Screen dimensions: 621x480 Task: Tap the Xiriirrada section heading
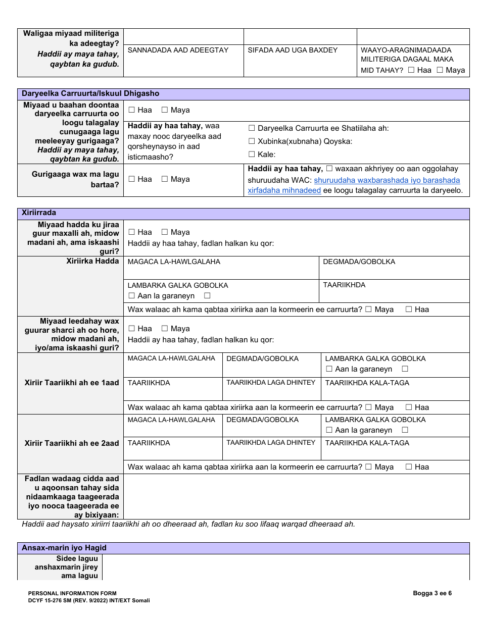point(39,213)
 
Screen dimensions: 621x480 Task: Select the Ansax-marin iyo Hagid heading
point(64,548)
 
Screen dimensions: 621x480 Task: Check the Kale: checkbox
point(252,154)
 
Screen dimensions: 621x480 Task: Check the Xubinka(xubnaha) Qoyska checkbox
point(252,141)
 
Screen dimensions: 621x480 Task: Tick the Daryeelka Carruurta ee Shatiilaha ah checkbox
point(252,128)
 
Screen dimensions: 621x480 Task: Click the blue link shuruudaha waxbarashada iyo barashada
point(387,180)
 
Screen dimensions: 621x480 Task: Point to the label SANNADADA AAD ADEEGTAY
point(178,50)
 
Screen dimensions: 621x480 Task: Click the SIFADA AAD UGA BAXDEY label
point(293,50)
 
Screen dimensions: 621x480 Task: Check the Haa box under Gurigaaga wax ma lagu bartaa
point(132,179)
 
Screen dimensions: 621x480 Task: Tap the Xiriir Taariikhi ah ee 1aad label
point(72,383)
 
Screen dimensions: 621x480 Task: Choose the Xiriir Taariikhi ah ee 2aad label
point(72,443)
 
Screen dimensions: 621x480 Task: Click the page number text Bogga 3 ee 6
point(432,593)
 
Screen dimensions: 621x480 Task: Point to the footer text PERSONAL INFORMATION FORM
point(72,594)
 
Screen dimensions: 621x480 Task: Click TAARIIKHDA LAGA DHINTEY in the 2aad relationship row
point(270,443)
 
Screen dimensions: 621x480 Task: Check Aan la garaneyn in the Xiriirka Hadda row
point(132,296)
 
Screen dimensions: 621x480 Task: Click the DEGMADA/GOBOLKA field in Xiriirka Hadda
point(359,262)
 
